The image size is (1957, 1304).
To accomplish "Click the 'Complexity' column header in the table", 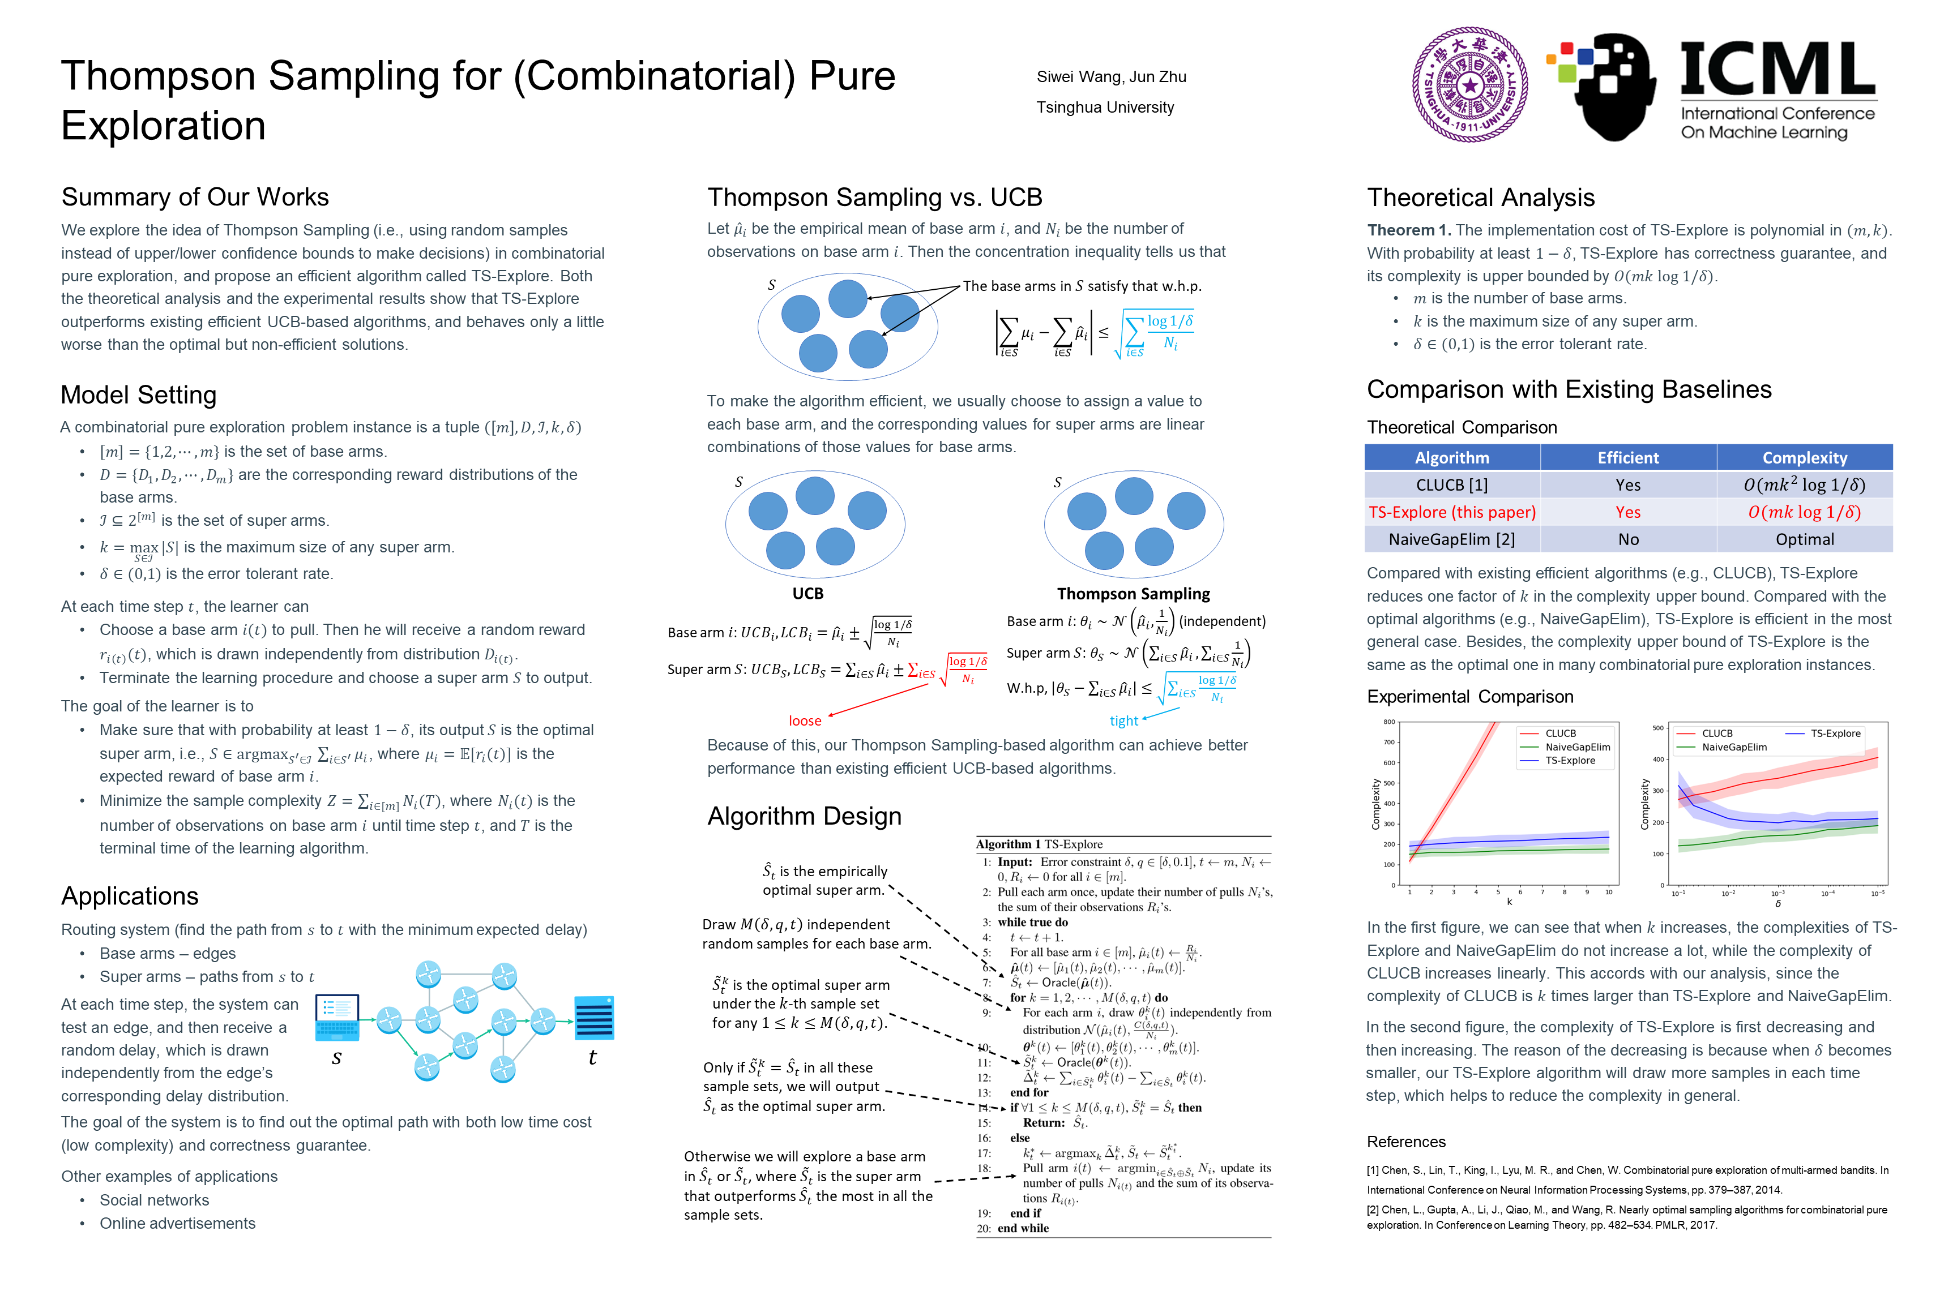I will click(x=1804, y=457).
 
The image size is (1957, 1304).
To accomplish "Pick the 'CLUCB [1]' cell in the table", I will click(x=1451, y=485).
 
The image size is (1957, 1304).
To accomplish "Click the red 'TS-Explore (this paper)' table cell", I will click(x=1452, y=512).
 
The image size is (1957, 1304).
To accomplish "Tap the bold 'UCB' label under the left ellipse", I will click(x=807, y=594).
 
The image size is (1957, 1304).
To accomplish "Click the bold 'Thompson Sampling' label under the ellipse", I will click(x=1133, y=594).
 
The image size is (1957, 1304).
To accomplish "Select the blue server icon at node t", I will click(x=594, y=1017).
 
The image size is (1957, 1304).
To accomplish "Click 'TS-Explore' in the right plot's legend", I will click(x=1835, y=733).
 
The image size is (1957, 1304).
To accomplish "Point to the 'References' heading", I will click(x=1405, y=1142).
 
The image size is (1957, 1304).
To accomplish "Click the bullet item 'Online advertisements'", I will click(x=177, y=1223).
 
